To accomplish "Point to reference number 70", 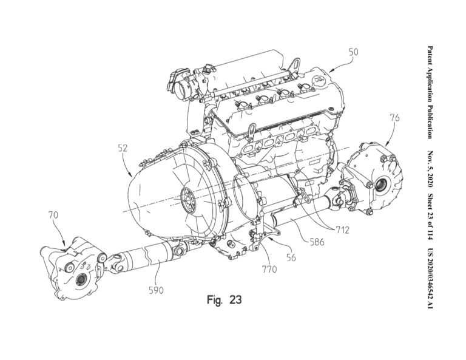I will coord(53,215).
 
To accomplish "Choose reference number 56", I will coord(291,257).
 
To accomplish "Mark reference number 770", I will coord(268,268).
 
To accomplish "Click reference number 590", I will coord(157,290).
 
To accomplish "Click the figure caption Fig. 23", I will coord(224,300).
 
